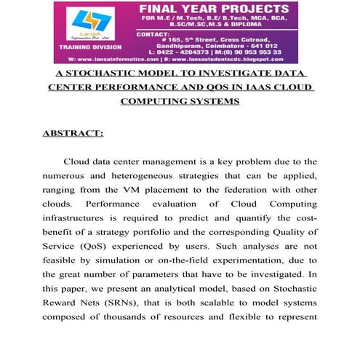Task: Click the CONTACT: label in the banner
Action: (154, 33)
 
